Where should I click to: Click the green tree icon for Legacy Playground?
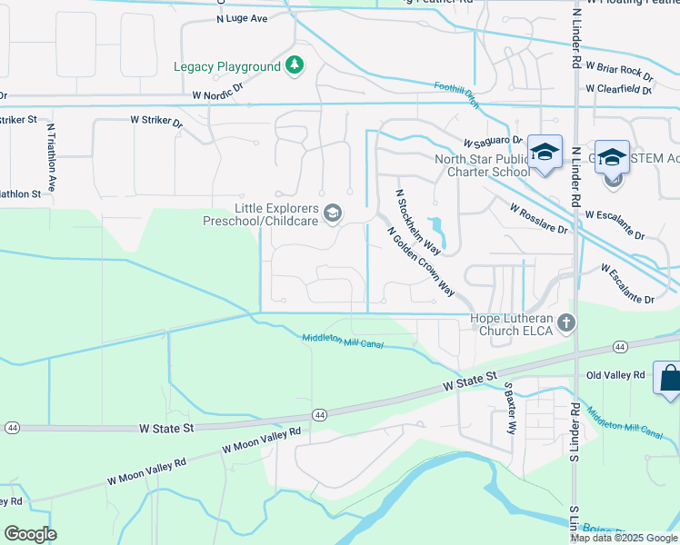pyautogui.click(x=294, y=65)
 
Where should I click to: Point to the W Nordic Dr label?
pyautogui.click(x=219, y=94)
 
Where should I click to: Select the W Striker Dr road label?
pyautogui.click(x=156, y=121)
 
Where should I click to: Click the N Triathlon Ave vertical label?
pyautogui.click(x=52, y=155)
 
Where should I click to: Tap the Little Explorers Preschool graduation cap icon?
pyautogui.click(x=333, y=213)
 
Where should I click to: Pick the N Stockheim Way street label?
pyautogui.click(x=418, y=223)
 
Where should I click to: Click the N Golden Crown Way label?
pyautogui.click(x=421, y=263)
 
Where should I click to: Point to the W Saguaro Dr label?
pyautogui.click(x=492, y=142)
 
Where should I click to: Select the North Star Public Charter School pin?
pyautogui.click(x=545, y=153)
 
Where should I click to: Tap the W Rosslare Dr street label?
pyautogui.click(x=538, y=219)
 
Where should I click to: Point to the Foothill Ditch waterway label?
pyautogui.click(x=456, y=94)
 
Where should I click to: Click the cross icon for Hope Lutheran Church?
pyautogui.click(x=566, y=322)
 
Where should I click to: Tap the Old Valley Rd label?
pyautogui.click(x=615, y=374)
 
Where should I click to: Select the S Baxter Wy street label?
pyautogui.click(x=510, y=406)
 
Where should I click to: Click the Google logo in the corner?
pyautogui.click(x=30, y=533)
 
